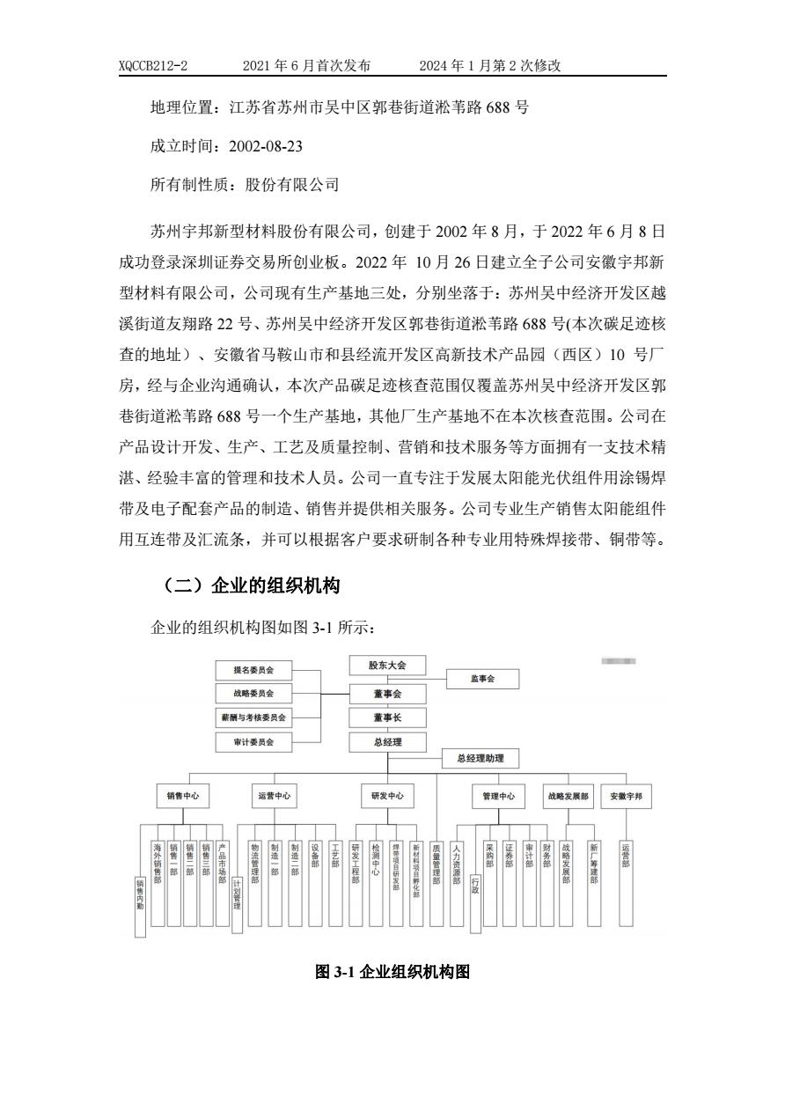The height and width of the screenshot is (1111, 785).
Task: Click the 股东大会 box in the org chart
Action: click(x=387, y=666)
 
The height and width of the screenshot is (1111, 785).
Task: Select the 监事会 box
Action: click(x=482, y=679)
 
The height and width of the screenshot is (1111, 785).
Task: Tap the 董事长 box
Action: click(x=387, y=717)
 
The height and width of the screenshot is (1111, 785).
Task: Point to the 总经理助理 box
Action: click(x=480, y=758)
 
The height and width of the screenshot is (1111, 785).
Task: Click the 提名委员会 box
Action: click(x=253, y=670)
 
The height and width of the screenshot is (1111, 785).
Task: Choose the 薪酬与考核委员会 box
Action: click(x=253, y=717)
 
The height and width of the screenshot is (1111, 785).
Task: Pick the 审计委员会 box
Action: click(x=253, y=742)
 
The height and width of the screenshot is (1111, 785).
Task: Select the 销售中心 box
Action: click(x=182, y=796)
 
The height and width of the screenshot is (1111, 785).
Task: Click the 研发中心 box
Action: click(x=387, y=796)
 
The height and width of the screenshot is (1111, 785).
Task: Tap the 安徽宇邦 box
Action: click(x=626, y=796)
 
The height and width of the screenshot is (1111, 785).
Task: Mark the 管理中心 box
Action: click(x=498, y=796)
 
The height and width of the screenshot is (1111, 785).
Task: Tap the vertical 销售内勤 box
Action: click(x=140, y=907)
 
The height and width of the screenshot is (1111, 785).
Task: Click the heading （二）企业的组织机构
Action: click(x=251, y=586)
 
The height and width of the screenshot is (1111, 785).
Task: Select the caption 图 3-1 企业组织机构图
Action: click(x=392, y=973)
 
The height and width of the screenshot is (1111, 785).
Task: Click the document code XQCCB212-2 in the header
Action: click(x=153, y=66)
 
